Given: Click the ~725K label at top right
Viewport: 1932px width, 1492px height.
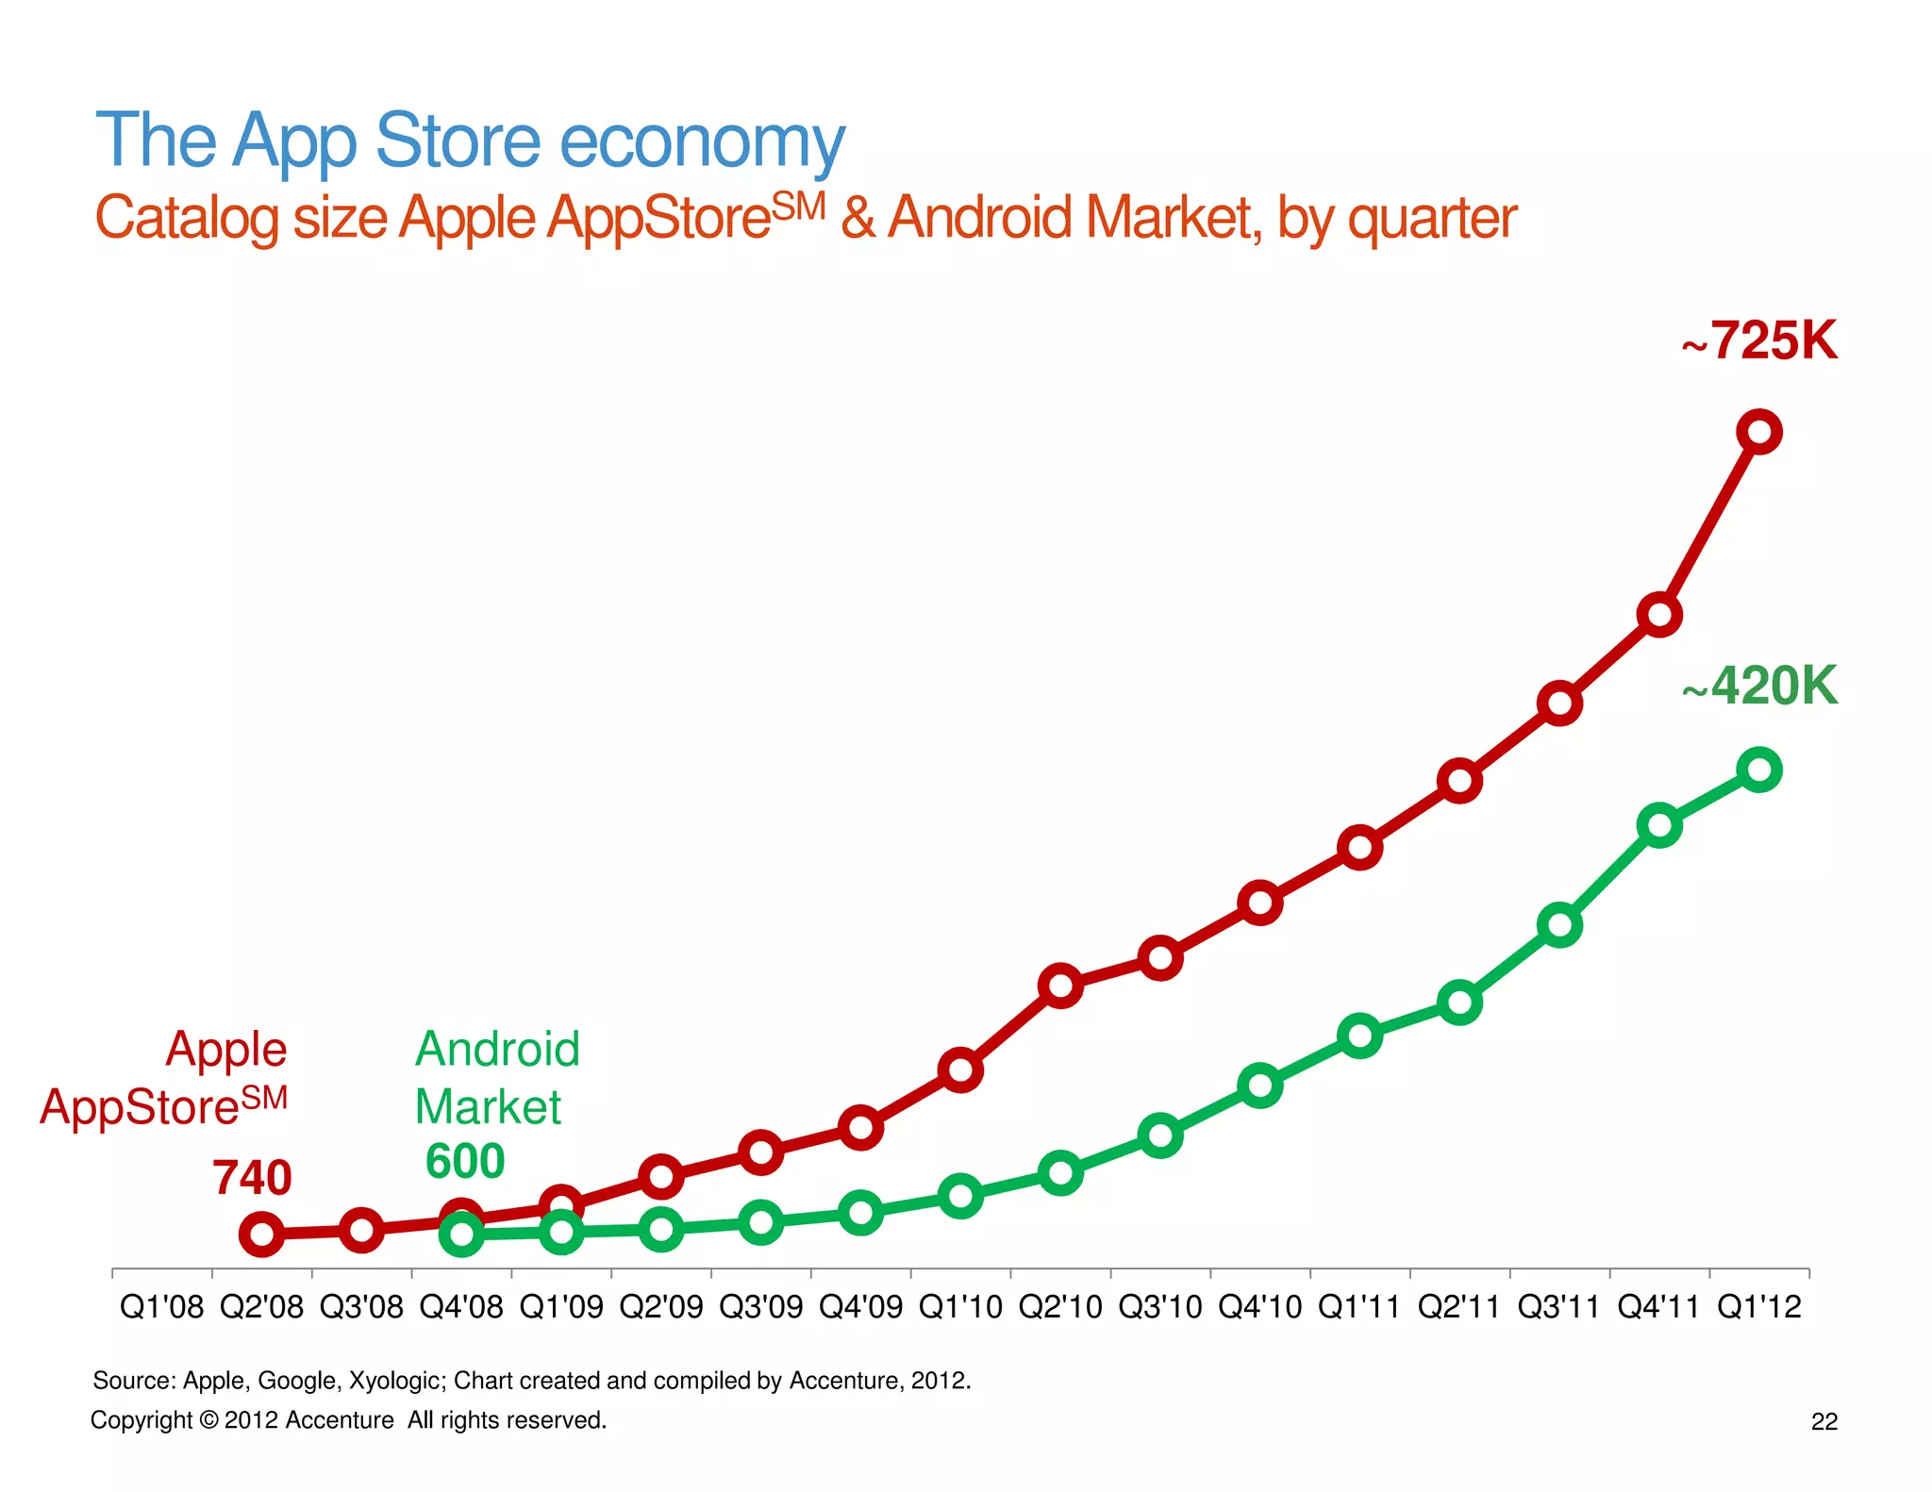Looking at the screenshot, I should (1760, 340).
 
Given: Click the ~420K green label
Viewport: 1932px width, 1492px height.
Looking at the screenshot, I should (1760, 686).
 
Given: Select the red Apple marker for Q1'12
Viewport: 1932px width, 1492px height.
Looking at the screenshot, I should (1759, 432).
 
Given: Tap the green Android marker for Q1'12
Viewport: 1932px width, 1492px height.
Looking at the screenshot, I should (1759, 770).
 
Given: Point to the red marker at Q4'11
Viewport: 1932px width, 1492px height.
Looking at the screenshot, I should (1659, 616).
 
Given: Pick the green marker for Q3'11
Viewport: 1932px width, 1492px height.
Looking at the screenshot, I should (1559, 925).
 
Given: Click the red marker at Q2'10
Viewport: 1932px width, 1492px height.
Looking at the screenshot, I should (1060, 986).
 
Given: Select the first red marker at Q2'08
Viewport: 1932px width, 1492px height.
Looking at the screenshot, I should (261, 1234).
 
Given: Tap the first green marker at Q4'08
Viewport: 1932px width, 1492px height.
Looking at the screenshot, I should (461, 1233).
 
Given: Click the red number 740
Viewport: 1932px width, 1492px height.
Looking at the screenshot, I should (252, 1178).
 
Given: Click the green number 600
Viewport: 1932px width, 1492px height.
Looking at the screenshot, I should (465, 1161).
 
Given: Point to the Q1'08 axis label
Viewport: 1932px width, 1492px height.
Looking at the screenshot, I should (161, 1307).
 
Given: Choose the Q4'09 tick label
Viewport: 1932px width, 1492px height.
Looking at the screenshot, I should (860, 1307).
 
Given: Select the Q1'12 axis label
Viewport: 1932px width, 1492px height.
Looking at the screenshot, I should (1759, 1307).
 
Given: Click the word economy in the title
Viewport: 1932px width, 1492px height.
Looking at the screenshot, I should (702, 141).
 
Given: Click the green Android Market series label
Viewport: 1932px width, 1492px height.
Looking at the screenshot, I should (496, 1077).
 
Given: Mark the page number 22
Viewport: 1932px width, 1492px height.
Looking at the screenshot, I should (1824, 1421).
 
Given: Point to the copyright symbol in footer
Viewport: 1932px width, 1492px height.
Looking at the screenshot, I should (208, 1420).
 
